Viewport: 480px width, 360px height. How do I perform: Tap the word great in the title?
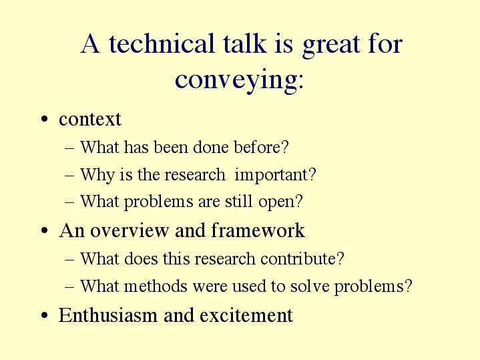pyautogui.click(x=331, y=46)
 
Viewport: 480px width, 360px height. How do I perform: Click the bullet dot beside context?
pyautogui.click(x=44, y=119)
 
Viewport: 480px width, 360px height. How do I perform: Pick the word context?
pyautogui.click(x=90, y=119)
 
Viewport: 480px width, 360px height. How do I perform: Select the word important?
pyautogui.click(x=271, y=175)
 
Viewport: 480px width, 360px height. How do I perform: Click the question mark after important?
pyautogui.click(x=312, y=174)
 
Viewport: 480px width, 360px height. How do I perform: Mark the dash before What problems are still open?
pyautogui.click(x=69, y=202)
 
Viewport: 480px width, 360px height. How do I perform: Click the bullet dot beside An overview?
pyautogui.click(x=44, y=230)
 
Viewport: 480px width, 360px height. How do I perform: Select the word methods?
pyautogui.click(x=156, y=286)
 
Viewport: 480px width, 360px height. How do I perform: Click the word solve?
pyautogui.click(x=310, y=286)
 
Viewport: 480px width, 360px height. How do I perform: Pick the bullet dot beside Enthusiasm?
pyautogui.click(x=44, y=315)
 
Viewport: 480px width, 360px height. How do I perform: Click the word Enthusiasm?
pyautogui.click(x=107, y=315)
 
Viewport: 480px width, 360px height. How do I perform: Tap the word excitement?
pyautogui.click(x=246, y=315)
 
